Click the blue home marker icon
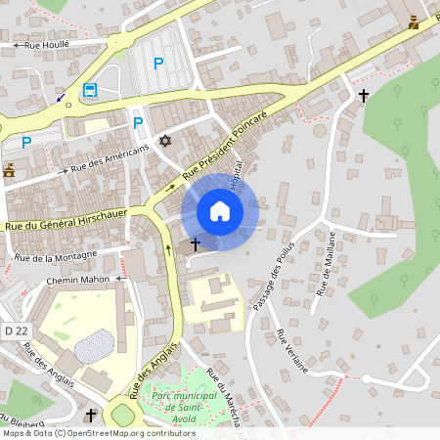click(x=220, y=211)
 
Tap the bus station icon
click(x=90, y=91)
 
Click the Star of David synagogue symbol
click(x=165, y=142)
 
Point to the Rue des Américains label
click(x=110, y=157)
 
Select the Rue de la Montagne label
click(x=55, y=257)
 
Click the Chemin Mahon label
click(x=80, y=281)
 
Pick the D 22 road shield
click(x=14, y=332)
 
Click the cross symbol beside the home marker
click(x=195, y=242)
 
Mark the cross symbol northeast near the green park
click(x=364, y=96)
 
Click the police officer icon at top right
click(x=416, y=22)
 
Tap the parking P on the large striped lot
click(x=157, y=64)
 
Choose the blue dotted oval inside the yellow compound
click(x=94, y=345)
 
